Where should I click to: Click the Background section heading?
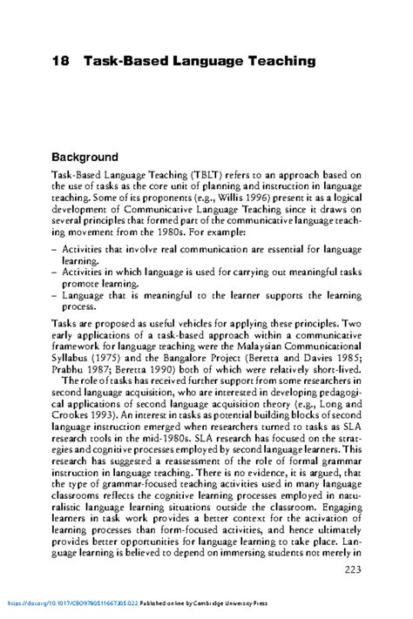point(96,158)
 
